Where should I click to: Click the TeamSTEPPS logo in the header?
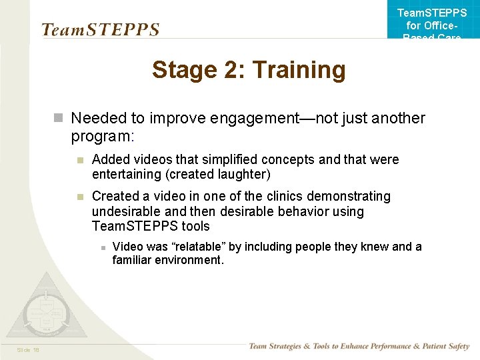(100, 29)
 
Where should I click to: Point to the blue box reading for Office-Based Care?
(432, 23)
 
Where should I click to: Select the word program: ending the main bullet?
(103, 137)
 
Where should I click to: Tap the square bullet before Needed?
(59, 119)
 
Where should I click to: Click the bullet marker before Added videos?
(79, 160)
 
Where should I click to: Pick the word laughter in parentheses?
(243, 175)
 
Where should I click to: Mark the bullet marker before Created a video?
(79, 197)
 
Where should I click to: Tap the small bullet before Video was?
(102, 247)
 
